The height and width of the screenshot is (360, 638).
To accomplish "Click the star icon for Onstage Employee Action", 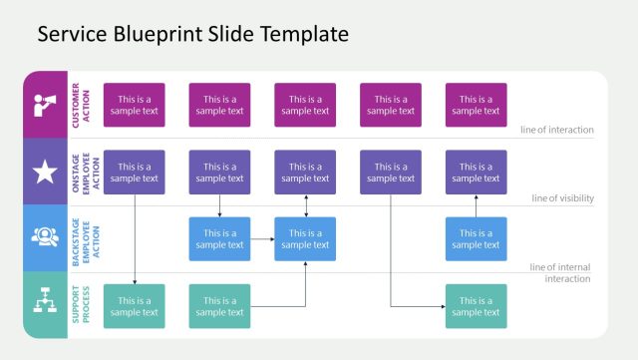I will pyautogui.click(x=45, y=173).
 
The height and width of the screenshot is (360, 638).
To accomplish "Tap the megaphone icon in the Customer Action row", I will pyautogui.click(x=45, y=105).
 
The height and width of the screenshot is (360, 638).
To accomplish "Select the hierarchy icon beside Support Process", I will pyautogui.click(x=45, y=305).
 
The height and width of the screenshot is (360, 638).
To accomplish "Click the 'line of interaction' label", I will pyautogui.click(x=556, y=130).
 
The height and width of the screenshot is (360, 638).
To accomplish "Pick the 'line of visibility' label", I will pyautogui.click(x=562, y=198).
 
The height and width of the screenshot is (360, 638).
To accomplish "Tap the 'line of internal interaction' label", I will pyautogui.click(x=560, y=272).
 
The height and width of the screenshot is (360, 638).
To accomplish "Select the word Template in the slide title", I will pyautogui.click(x=303, y=34).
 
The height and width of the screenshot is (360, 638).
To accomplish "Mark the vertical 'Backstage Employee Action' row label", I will pyautogui.click(x=81, y=239).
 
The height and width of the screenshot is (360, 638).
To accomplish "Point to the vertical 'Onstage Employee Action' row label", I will pyautogui.click(x=81, y=173).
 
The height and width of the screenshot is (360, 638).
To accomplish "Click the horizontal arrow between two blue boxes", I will pyautogui.click(x=262, y=239).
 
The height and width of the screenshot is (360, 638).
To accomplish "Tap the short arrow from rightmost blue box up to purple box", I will pyautogui.click(x=476, y=205).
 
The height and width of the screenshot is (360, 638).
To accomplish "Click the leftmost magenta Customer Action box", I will pyautogui.click(x=134, y=105).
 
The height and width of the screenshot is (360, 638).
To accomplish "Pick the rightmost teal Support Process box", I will pyautogui.click(x=476, y=306).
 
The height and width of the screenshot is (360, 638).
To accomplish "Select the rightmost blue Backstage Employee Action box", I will pyautogui.click(x=476, y=239).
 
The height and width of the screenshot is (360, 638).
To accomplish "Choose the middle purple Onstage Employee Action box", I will pyautogui.click(x=305, y=173).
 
